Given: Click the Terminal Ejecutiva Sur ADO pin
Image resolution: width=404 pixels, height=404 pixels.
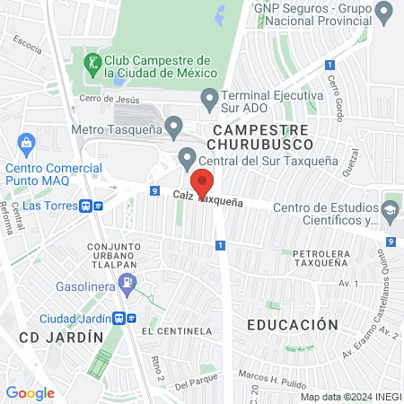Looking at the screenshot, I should point(210,96).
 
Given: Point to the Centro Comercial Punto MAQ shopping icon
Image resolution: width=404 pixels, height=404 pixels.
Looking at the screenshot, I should point(26,141).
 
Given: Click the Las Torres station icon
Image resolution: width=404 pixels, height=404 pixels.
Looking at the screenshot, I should point(92,206).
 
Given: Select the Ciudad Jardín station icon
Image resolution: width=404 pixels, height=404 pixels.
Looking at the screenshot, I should point(124,319).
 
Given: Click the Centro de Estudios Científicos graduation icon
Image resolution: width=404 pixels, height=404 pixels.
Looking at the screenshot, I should point(390,210).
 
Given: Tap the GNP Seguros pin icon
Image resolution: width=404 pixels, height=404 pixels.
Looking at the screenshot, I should point(384,13).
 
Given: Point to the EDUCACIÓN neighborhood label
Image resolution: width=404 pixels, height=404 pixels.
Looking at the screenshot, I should point(294,324).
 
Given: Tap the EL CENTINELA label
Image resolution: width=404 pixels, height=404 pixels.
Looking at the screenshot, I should point(182,331).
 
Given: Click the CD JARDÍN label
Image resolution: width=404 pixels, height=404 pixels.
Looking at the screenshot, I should point(56,337).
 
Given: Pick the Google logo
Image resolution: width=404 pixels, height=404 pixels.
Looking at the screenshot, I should point(30,392).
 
